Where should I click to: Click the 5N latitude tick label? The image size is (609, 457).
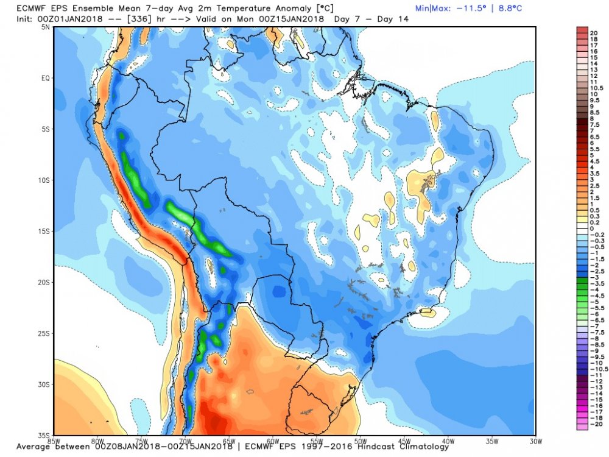click(46, 28)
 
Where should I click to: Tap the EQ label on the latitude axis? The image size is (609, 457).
click(45, 79)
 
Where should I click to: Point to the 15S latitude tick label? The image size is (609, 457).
click(44, 232)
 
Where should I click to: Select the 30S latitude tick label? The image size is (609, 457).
click(44, 384)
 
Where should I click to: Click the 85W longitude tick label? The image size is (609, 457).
click(54, 441)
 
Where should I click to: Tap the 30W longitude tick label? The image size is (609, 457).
click(535, 441)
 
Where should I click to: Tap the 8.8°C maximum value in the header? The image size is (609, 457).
click(507, 9)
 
